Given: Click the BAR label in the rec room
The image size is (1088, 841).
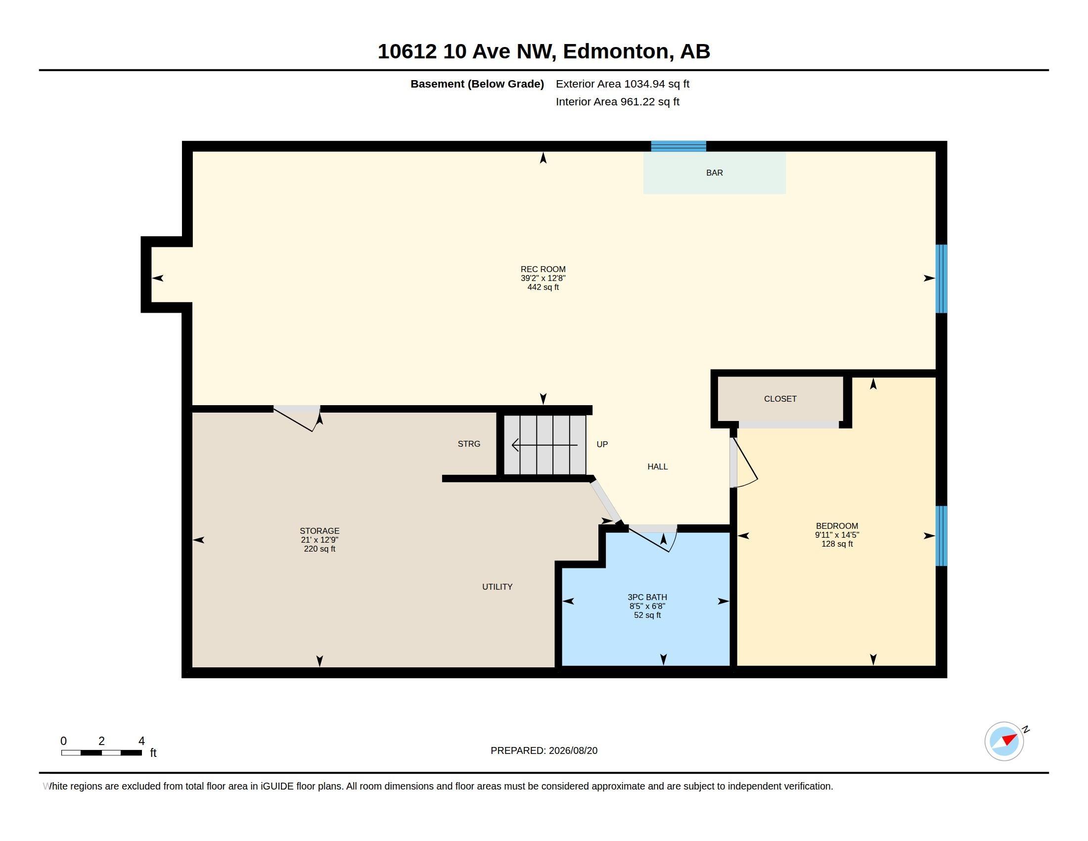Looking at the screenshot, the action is [715, 173].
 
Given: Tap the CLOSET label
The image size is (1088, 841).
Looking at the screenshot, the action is [780, 399].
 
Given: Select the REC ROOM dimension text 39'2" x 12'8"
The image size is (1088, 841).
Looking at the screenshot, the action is [543, 278].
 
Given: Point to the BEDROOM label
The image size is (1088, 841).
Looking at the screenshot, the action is [837, 525].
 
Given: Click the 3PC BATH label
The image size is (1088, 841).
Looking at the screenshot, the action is [647, 597].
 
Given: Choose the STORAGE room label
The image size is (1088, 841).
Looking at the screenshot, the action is [319, 531].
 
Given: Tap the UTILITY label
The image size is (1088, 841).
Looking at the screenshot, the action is [497, 586].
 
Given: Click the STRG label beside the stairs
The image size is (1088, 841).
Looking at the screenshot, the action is [469, 443].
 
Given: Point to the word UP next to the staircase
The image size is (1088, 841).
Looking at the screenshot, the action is [602, 444].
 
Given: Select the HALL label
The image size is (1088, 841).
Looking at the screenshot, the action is [658, 467].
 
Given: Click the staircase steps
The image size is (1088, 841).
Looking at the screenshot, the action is [544, 445].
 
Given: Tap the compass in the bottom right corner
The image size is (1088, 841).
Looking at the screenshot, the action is [1004, 741].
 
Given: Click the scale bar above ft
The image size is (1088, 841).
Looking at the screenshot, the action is [101, 752].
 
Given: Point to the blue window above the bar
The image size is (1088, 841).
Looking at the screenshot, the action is [679, 146].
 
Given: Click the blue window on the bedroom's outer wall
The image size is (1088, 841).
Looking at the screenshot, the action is [941, 536].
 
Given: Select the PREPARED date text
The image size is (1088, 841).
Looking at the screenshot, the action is [544, 750].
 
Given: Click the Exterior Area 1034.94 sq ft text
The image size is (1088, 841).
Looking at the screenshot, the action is [622, 84].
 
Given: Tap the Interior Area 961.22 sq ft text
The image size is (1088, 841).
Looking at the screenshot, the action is [617, 101].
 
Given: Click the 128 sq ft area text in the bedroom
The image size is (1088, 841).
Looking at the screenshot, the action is [837, 544].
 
